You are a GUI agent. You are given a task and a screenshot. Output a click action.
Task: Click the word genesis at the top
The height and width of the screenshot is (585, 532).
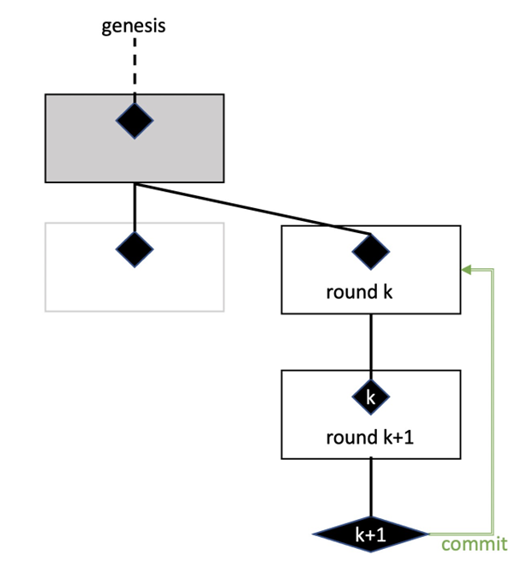pos(134,25)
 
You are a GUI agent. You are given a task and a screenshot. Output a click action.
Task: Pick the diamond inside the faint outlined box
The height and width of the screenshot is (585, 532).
pos(134,249)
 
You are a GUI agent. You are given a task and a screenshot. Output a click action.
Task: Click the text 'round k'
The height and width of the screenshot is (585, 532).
pos(359,292)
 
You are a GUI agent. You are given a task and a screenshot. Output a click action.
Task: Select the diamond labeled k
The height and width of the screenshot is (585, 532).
pos(371,397)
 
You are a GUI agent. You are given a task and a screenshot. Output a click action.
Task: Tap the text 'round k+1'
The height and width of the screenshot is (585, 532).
pos(370,438)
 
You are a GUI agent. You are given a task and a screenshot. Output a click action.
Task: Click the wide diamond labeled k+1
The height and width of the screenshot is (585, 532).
pos(370,535)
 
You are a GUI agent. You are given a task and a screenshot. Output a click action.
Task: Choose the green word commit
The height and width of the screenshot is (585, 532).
pos(474,544)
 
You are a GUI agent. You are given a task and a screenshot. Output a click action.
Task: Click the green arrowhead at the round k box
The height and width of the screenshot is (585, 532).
pos(466,270)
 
